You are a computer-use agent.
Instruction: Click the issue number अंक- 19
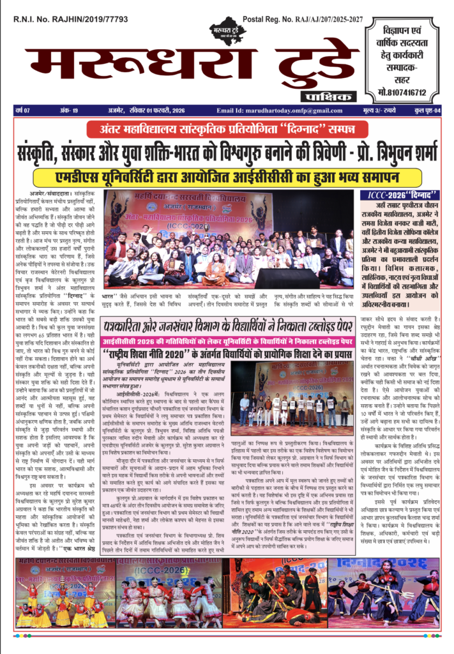tap(69, 110)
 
